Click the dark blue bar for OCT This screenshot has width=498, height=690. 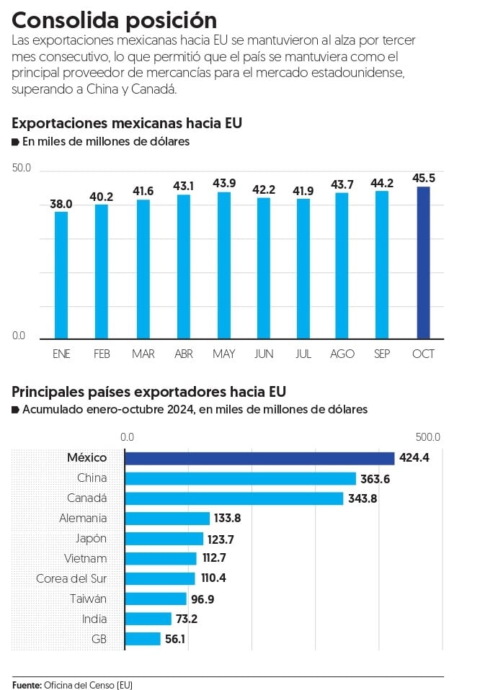pos(423,263)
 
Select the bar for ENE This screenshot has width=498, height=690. pos(61,274)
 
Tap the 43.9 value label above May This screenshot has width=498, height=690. pos(224,184)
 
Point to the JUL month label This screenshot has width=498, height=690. pos(303,354)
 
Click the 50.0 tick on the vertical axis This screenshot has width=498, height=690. pos(22,169)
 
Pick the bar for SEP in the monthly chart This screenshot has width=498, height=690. pos(382,264)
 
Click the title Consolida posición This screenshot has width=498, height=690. pos(114,19)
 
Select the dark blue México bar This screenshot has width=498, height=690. pos(259,458)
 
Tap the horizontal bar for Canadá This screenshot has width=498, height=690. pos(234,498)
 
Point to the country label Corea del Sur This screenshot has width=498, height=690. pos(71,578)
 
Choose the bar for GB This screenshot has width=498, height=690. pos(143,639)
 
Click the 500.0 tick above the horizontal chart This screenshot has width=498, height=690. pos(427,437)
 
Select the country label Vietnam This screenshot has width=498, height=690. pos(85,558)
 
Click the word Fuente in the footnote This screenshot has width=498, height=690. pos(27,684)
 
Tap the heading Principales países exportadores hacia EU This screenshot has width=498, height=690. pos(148,392)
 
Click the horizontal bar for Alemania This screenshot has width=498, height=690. pos(167,519)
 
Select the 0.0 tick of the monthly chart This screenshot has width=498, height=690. pos(19,336)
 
